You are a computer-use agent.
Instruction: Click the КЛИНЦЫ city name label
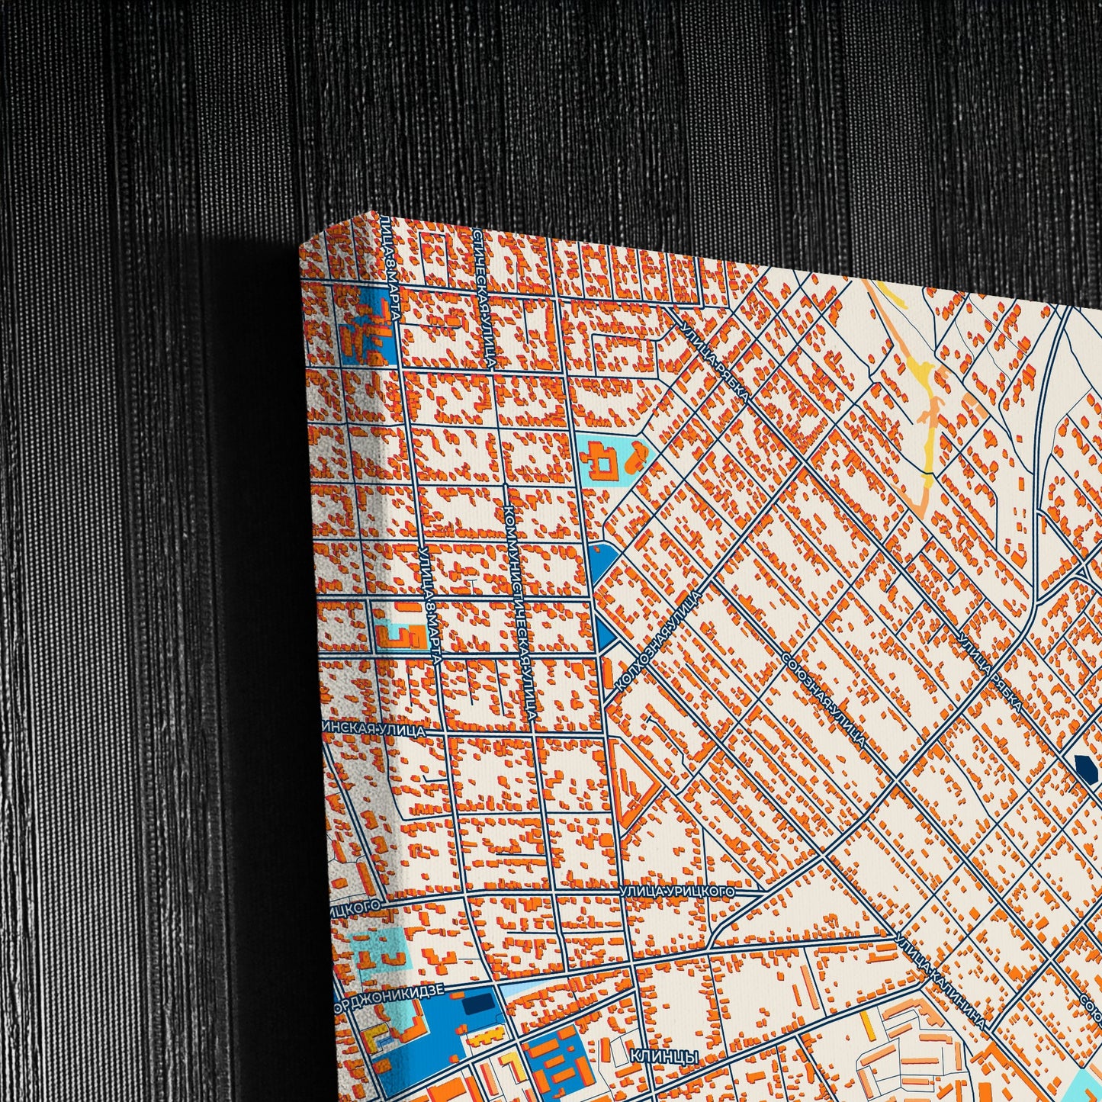(664, 1057)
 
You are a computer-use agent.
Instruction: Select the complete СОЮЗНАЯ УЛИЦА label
(824, 699)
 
